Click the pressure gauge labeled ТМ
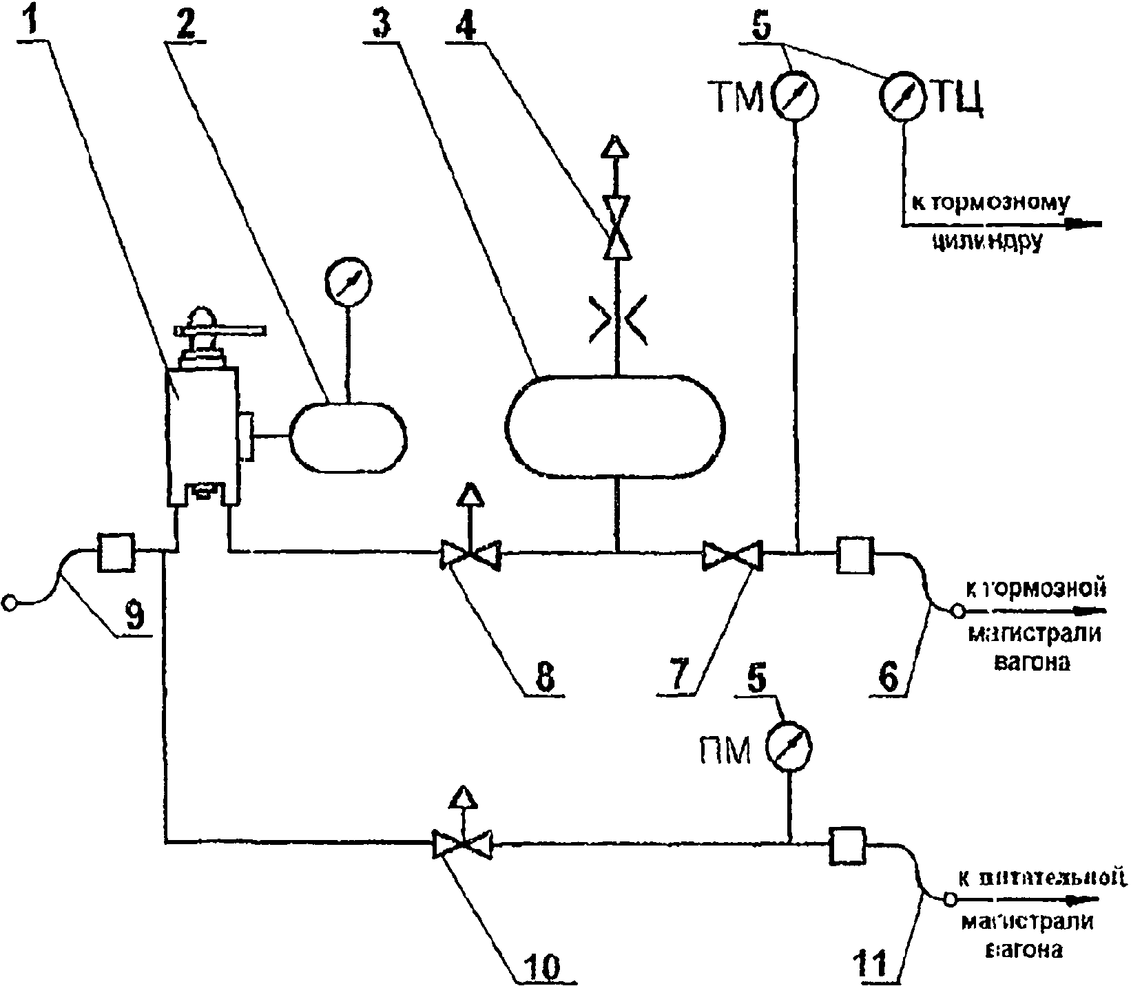(x=794, y=96)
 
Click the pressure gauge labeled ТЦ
(x=903, y=96)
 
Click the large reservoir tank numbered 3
(x=615, y=425)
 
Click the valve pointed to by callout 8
(x=470, y=556)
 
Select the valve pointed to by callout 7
(x=731, y=556)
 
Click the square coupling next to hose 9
(x=116, y=552)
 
